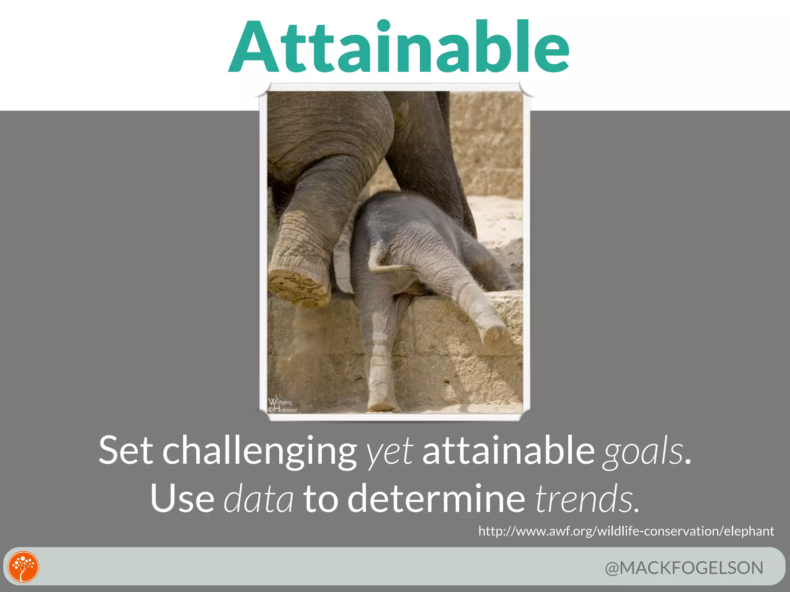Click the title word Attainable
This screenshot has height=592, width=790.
(x=399, y=47)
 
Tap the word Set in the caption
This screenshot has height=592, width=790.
(x=126, y=450)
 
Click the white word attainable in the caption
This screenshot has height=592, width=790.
(x=508, y=450)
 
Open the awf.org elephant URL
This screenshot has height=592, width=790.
(x=626, y=531)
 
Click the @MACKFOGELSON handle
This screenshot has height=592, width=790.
(x=684, y=568)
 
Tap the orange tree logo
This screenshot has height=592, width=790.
(x=24, y=567)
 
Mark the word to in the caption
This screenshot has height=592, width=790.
(x=321, y=499)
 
